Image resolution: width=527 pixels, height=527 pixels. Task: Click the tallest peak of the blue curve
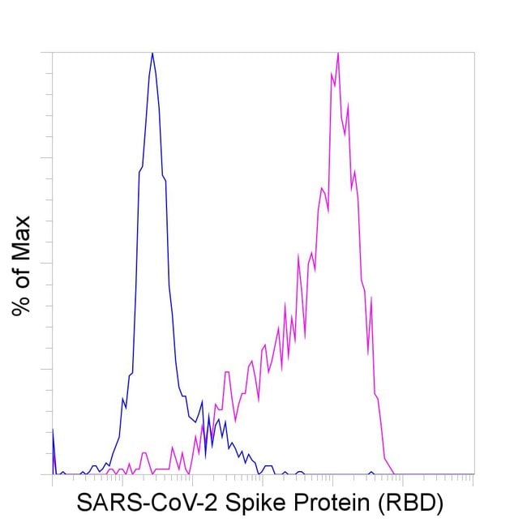[152, 54]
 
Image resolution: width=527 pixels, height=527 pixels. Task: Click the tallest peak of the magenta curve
[337, 54]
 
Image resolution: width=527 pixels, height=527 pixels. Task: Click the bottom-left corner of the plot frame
[53, 474]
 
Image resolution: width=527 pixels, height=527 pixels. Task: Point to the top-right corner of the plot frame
[473, 53]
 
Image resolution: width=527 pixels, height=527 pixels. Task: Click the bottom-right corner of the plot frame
[473, 474]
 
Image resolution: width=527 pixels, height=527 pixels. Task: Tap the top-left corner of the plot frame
[53, 53]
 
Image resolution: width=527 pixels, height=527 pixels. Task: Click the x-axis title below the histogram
[259, 503]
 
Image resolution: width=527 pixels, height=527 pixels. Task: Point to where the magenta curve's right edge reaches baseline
[394, 473]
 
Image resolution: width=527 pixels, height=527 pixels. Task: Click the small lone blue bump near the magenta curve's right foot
[371, 472]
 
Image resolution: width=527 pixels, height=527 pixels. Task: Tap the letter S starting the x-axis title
[84, 503]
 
